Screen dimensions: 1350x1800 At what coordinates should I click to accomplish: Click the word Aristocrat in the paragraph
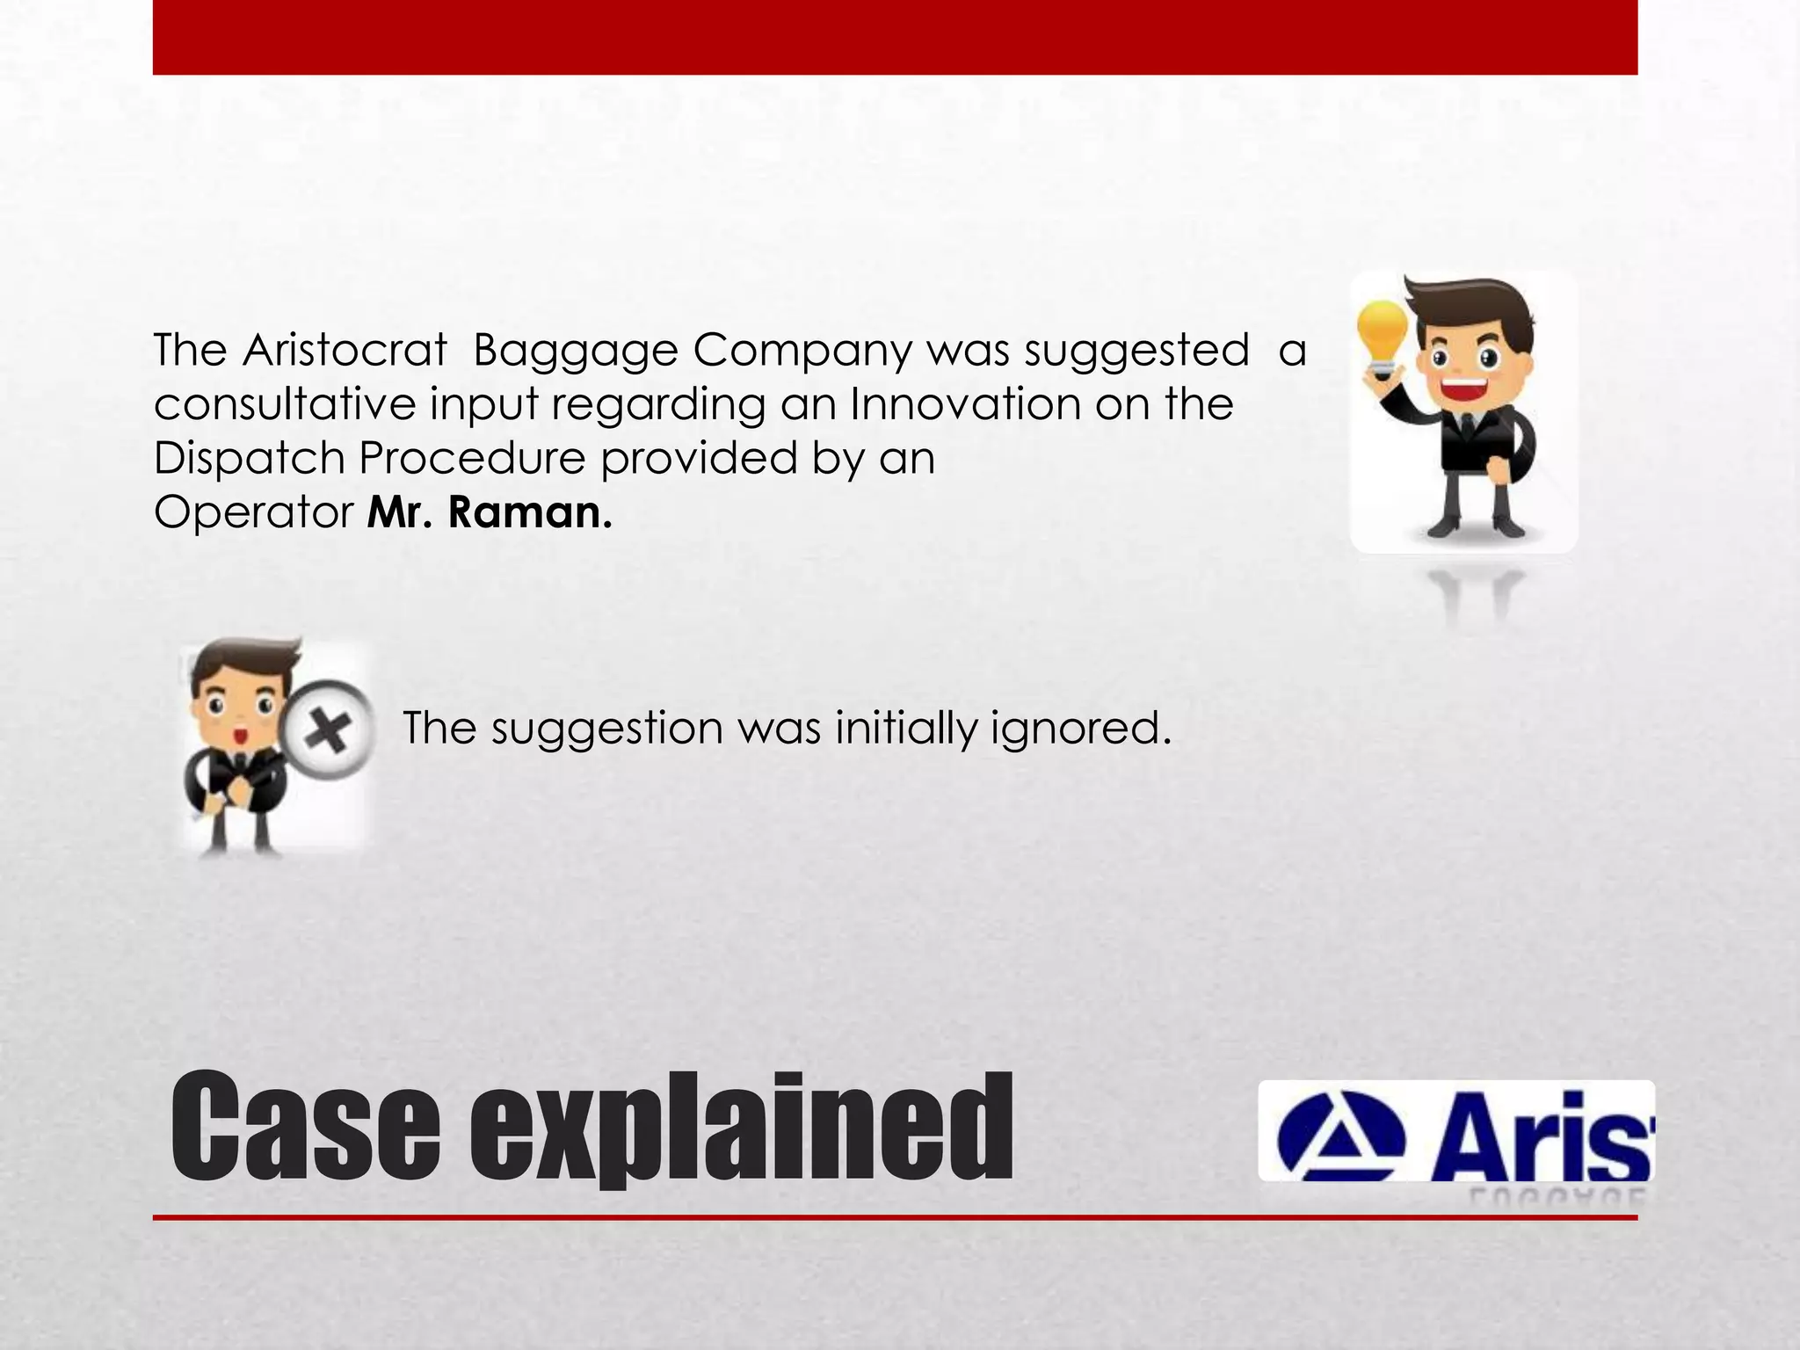[345, 351]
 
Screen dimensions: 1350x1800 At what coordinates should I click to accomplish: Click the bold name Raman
[530, 512]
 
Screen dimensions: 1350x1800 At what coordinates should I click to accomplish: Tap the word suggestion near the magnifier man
[606, 729]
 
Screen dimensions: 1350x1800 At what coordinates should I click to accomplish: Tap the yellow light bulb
[1383, 338]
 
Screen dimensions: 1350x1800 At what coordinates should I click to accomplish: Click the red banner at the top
[895, 37]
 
